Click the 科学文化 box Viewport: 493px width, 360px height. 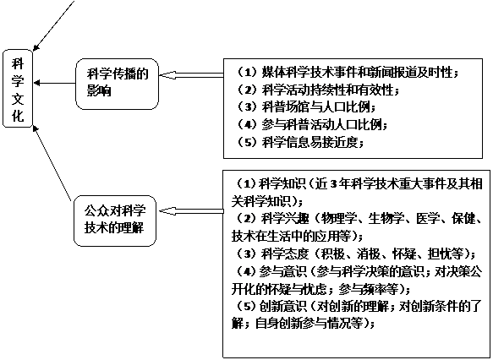pyautogui.click(x=18, y=88)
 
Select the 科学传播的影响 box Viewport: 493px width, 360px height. pyautogui.click(x=117, y=84)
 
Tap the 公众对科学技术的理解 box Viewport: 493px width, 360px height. pyautogui.click(x=115, y=221)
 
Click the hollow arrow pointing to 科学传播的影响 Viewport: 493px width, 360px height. pyautogui.click(x=191, y=75)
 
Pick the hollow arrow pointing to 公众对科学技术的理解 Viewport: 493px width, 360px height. pyautogui.click(x=191, y=211)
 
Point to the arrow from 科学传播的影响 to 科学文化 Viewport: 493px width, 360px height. pyautogui.click(x=54, y=84)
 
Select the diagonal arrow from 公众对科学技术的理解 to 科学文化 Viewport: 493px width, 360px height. pyautogui.click(x=52, y=163)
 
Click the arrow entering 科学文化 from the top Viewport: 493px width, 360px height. pyautogui.click(x=53, y=25)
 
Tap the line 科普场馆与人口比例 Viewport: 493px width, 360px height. pyautogui.click(x=307, y=107)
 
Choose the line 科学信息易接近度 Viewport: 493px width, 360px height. pyautogui.click(x=300, y=142)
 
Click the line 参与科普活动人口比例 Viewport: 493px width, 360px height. pyautogui.click(x=312, y=125)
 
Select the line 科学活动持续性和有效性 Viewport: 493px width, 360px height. pyautogui.click(x=318, y=90)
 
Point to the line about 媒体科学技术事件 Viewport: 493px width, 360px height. pyautogui.click(x=348, y=73)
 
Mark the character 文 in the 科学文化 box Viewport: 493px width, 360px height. pyautogui.click(x=18, y=98)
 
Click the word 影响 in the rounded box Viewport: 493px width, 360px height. pyautogui.click(x=99, y=91)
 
